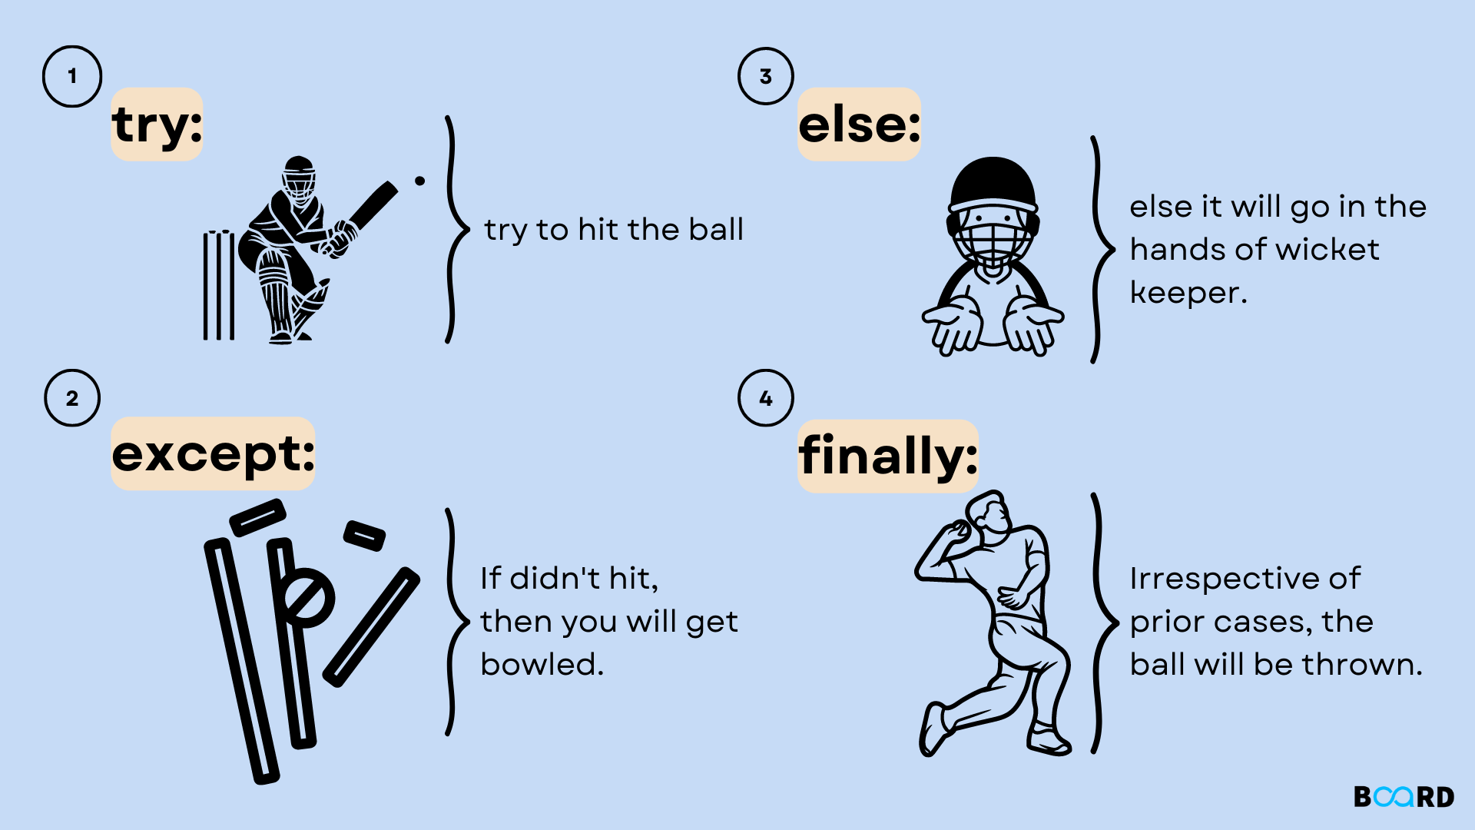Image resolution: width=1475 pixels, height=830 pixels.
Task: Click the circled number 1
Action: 72,76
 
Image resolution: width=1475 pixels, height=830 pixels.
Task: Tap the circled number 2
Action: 72,398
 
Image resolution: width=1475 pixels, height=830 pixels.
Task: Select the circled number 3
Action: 766,76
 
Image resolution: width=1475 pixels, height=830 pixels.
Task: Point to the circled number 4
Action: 766,398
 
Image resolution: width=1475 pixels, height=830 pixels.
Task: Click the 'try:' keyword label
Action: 157,124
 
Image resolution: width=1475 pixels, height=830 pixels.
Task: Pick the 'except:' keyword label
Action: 213,453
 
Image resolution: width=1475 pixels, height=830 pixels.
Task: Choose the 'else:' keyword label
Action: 859,124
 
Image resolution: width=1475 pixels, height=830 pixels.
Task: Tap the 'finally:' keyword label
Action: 887,456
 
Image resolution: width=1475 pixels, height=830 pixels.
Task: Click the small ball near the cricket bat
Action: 419,181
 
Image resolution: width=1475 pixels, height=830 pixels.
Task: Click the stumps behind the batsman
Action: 219,284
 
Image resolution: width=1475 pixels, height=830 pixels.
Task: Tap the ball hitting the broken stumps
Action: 308,597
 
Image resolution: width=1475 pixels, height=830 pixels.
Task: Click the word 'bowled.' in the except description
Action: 542,665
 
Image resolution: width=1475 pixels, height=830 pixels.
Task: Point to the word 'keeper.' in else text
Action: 1188,293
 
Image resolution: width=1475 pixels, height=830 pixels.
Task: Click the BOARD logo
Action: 1404,797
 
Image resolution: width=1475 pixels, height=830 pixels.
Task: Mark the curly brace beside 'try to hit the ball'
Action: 458,229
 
